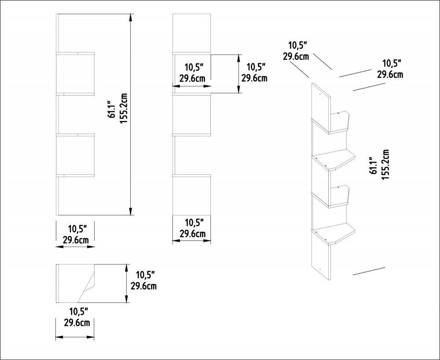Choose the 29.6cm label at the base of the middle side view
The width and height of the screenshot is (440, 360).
coord(192,234)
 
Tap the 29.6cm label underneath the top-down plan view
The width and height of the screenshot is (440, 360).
coord(77,323)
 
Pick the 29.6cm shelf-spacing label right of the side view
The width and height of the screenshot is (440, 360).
coord(254,78)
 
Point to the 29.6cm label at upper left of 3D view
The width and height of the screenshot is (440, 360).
coord(296,56)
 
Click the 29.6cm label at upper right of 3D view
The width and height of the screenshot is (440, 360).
coord(390,74)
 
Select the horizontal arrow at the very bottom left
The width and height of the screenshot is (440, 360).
coord(75,337)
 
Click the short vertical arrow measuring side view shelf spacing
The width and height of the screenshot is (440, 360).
coord(239,73)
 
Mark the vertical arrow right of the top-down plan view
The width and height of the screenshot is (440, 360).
coord(127,284)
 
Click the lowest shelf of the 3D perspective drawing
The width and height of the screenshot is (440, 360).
coord(334,233)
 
